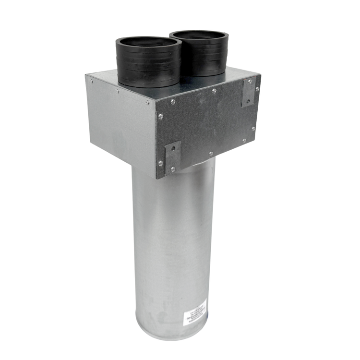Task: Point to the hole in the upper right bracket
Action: [249, 100]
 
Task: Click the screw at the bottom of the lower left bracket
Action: [173, 169]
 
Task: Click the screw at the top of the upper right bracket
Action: [250, 82]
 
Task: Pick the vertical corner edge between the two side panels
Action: [157, 139]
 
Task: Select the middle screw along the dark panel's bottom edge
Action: [211, 154]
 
